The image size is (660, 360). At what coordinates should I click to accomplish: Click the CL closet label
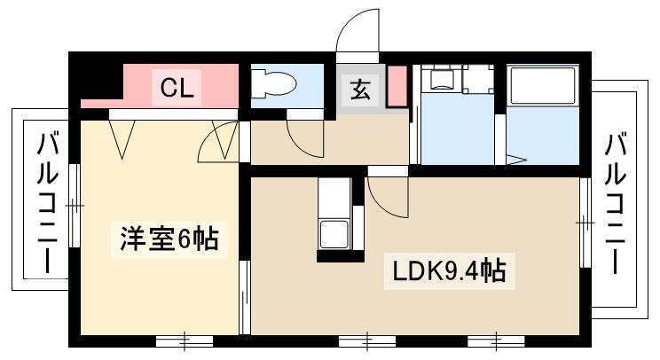pyautogui.click(x=177, y=89)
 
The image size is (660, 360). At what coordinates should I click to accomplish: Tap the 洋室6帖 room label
pyautogui.click(x=169, y=239)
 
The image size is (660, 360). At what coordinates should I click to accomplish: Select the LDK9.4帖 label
pyautogui.click(x=449, y=271)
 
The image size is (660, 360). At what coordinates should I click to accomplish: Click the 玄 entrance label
pyautogui.click(x=361, y=90)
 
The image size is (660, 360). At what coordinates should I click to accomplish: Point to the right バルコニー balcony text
pyautogui.click(x=615, y=203)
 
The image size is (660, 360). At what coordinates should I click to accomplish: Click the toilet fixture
pyautogui.click(x=272, y=83)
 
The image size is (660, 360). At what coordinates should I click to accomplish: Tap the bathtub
pyautogui.click(x=543, y=85)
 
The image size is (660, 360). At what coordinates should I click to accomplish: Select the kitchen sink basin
pyautogui.click(x=334, y=234)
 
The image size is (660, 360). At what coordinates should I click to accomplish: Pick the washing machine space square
pyautogui.click(x=478, y=79)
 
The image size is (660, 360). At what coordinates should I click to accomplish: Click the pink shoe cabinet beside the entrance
pyautogui.click(x=397, y=86)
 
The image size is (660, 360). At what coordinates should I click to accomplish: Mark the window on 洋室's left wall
pyautogui.click(x=75, y=206)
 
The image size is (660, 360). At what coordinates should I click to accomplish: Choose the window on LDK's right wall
pyautogui.click(x=585, y=223)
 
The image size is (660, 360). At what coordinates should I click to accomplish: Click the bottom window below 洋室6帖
pyautogui.click(x=185, y=340)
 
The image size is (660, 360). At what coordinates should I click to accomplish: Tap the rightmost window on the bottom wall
pyautogui.click(x=496, y=340)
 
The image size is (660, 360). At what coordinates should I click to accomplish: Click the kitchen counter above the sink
pyautogui.click(x=334, y=198)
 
